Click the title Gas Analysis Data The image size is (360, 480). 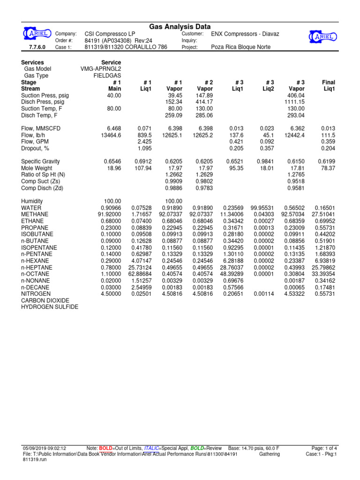(180, 27)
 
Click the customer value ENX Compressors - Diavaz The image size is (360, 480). (248, 34)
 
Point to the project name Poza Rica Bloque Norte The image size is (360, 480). (241, 47)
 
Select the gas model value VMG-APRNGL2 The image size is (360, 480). (101, 69)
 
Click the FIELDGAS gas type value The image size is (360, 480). (107, 75)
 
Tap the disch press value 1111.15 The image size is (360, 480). (294, 102)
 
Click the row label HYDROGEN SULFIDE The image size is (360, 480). (50, 307)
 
